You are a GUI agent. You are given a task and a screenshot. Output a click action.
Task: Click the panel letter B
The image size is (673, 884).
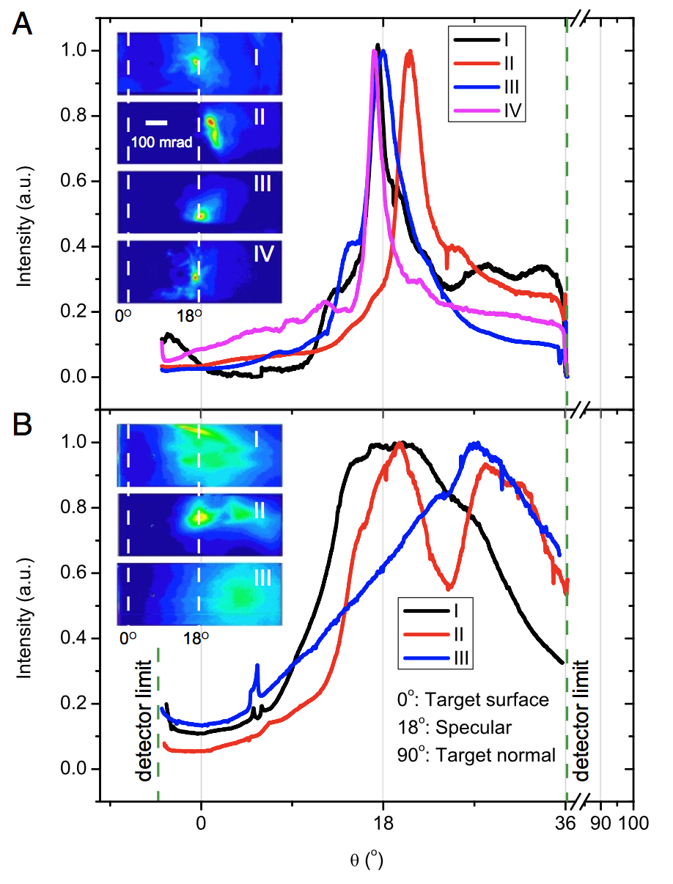[x=23, y=428]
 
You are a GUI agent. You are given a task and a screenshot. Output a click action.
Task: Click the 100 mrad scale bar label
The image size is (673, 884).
[x=161, y=142]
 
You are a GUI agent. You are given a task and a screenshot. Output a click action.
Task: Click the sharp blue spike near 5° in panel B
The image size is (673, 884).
[x=257, y=668]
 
